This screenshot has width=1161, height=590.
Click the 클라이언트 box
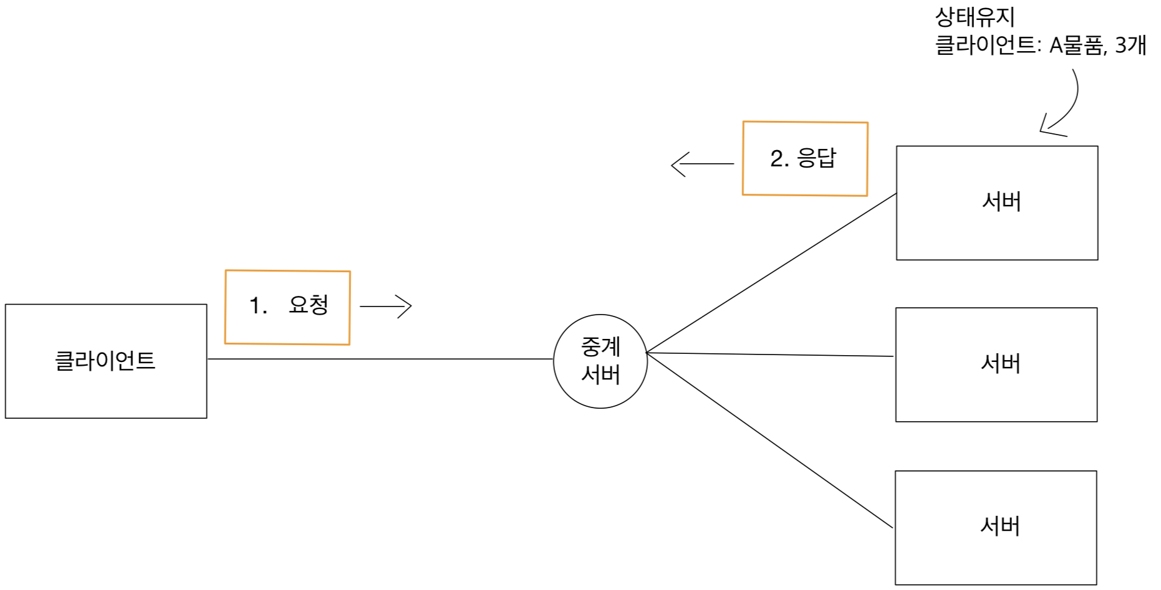106,361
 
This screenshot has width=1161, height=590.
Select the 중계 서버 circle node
600,361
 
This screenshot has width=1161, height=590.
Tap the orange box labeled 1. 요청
287,307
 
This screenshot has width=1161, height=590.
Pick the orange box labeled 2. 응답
805,158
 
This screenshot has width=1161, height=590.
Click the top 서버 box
997,203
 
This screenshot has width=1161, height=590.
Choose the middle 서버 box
996,364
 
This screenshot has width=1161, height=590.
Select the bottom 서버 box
996,528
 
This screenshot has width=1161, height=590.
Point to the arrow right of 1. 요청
387,307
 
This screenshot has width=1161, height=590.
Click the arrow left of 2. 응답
702,164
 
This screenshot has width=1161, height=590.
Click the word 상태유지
975,17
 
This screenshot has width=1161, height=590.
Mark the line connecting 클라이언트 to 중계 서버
380,359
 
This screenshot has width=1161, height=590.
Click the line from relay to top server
772,273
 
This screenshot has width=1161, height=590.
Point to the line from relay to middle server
771,354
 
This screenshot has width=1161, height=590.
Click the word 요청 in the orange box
309,305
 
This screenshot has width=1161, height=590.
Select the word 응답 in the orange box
817,158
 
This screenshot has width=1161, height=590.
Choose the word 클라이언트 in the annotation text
986,45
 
